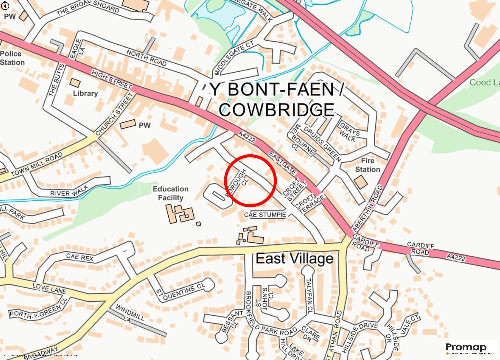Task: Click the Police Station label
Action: [x=12, y=58]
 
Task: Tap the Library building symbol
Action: [x=75, y=83]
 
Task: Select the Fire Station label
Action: [x=367, y=165]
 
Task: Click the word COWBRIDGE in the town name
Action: [x=277, y=109]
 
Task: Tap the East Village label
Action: [x=294, y=259]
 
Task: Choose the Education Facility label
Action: [x=171, y=193]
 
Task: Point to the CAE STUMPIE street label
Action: [x=265, y=215]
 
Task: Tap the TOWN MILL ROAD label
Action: [x=37, y=165]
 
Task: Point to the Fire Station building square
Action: [x=361, y=182]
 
